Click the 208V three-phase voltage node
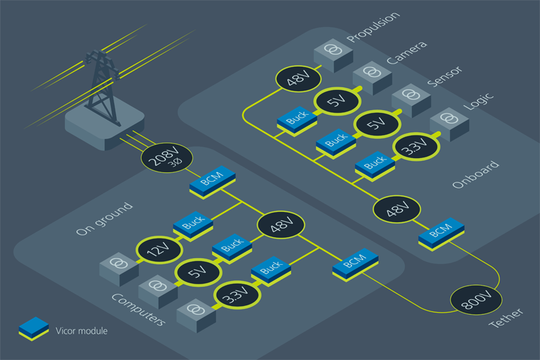[x=167, y=157]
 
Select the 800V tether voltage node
[x=477, y=299]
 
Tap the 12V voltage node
[x=159, y=249]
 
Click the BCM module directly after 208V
[x=213, y=182]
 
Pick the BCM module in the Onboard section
[x=441, y=233]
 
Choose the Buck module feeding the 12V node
[x=193, y=226]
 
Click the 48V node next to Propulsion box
[x=298, y=78]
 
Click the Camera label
[x=407, y=53]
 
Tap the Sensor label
[x=445, y=76]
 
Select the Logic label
[x=479, y=101]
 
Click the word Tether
[x=506, y=318]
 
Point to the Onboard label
[x=476, y=175]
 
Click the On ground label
[x=104, y=219]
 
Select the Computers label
[x=138, y=309]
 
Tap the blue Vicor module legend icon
[x=33, y=329]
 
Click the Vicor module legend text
[x=82, y=331]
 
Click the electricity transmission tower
[x=102, y=88]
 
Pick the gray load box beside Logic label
[x=450, y=124]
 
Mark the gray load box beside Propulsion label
[x=333, y=55]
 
